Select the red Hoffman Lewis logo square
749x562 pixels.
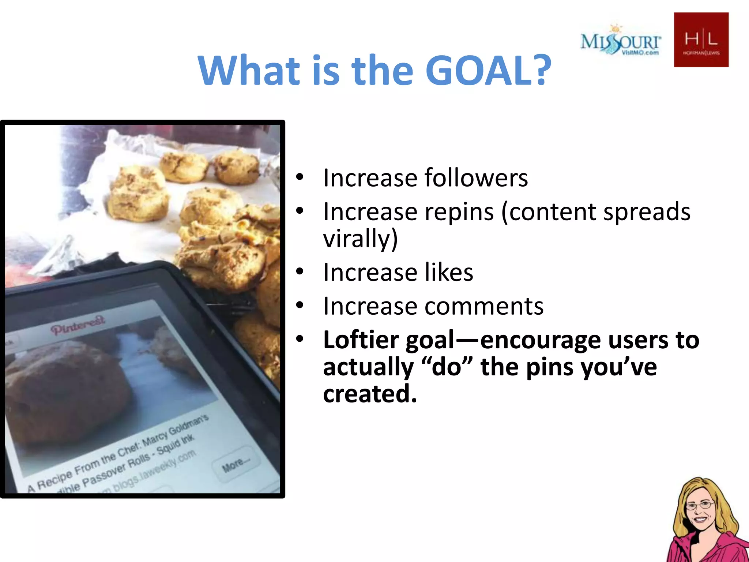click(701, 40)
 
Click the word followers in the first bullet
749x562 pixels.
click(476, 178)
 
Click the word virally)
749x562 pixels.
click(360, 239)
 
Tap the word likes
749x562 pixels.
click(449, 273)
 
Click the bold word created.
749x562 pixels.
click(370, 394)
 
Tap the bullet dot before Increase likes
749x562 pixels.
click(300, 271)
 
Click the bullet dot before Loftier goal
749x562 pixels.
click(300, 339)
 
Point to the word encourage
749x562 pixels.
click(540, 340)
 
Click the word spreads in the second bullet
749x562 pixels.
click(647, 212)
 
